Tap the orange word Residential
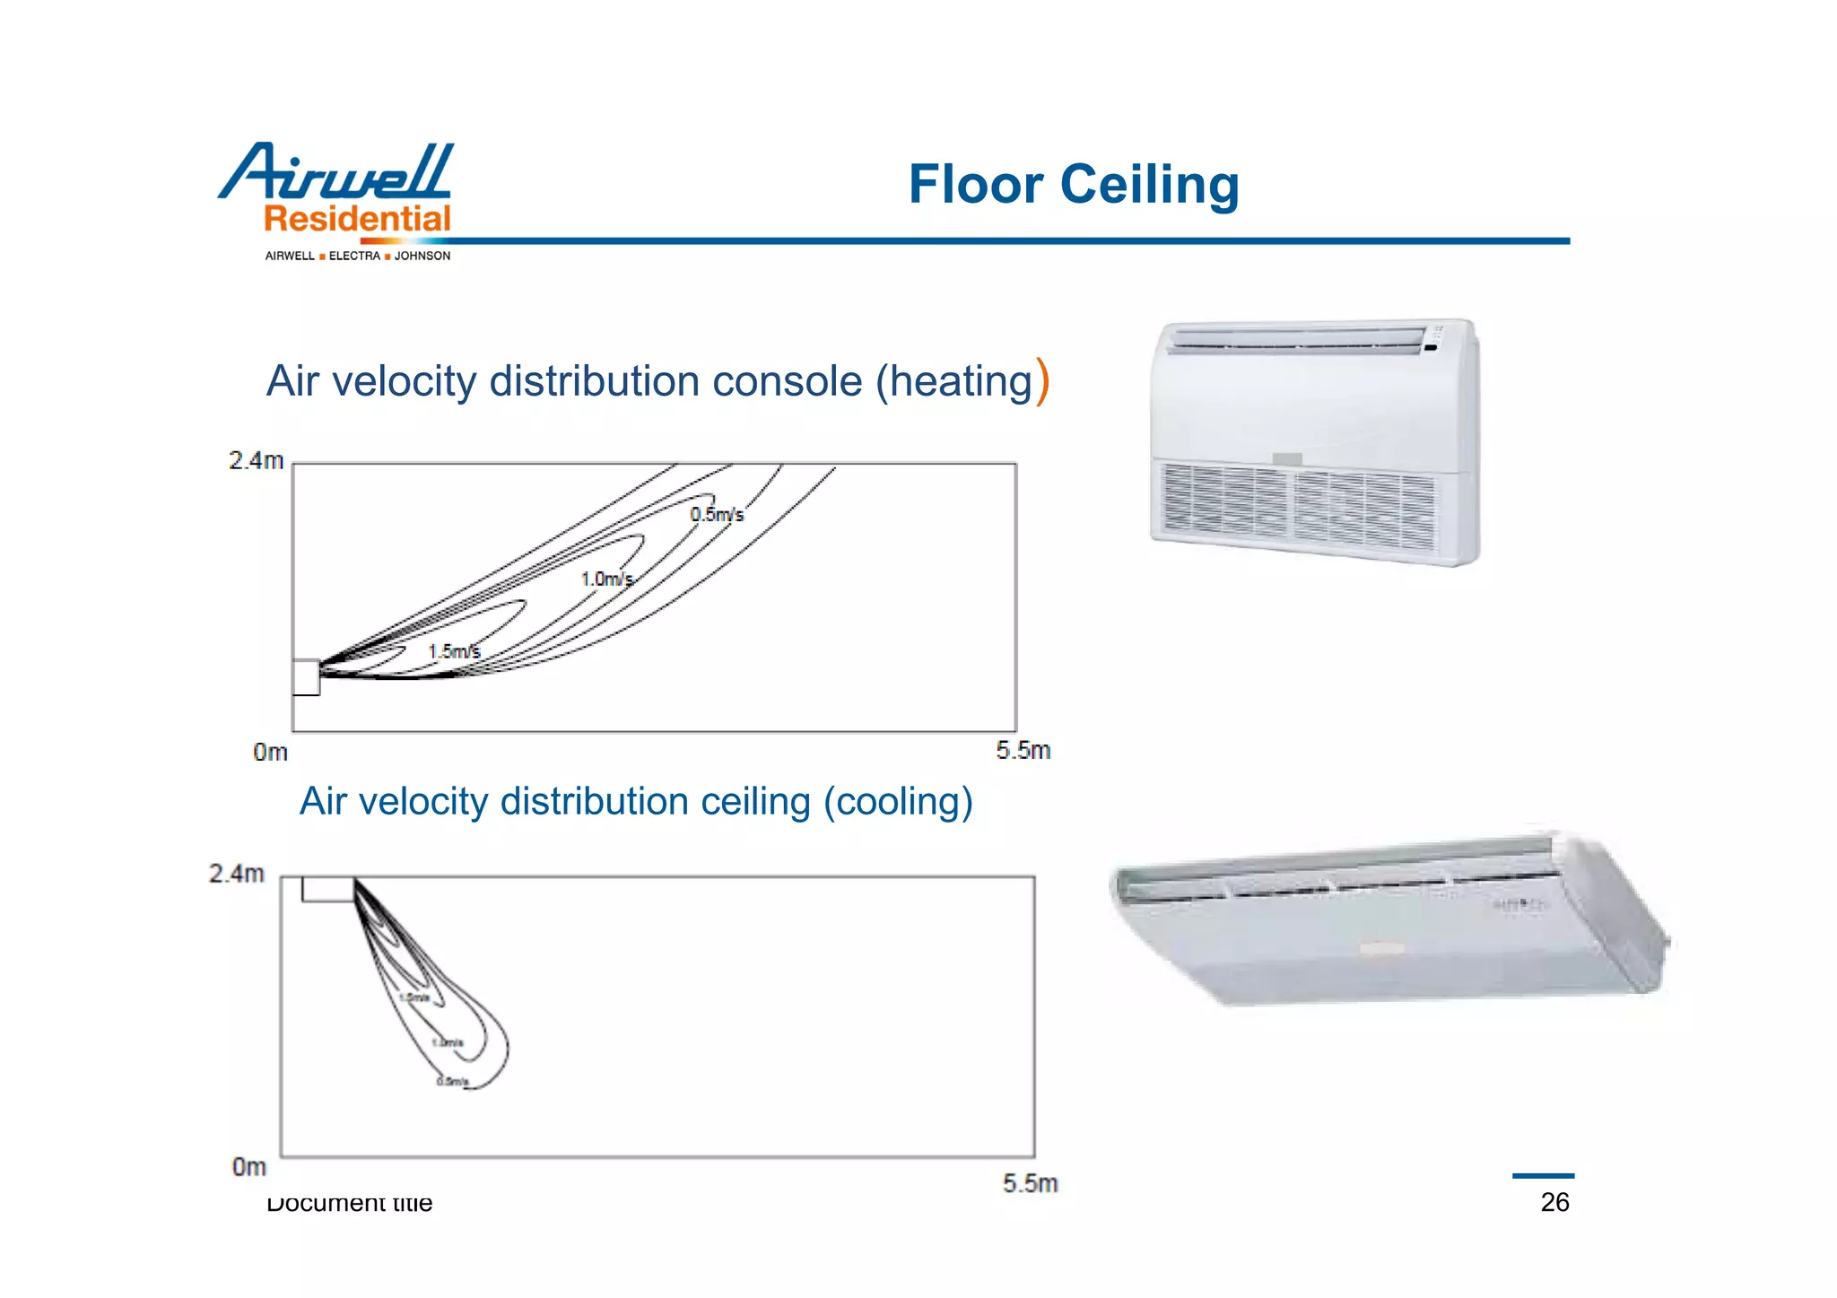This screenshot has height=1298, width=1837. pyautogui.click(x=357, y=219)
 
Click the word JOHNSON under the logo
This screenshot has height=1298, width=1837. pyautogui.click(x=422, y=256)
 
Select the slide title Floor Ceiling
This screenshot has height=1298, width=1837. pyautogui.click(x=1073, y=184)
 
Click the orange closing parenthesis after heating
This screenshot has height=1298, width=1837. pyautogui.click(x=1042, y=381)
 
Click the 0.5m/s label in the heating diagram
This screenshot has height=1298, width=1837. pyautogui.click(x=717, y=515)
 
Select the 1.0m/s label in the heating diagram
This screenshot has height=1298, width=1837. pyautogui.click(x=607, y=579)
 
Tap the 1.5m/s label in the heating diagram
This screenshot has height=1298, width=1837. pyautogui.click(x=454, y=651)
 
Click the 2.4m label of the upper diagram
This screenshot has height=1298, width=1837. pyautogui.click(x=256, y=461)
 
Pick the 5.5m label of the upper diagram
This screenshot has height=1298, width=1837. pyautogui.click(x=1023, y=751)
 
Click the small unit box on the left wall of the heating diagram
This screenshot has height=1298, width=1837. pyautogui.click(x=306, y=677)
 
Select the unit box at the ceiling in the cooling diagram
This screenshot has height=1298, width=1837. pyautogui.click(x=327, y=889)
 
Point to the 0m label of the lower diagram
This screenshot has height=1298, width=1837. pyautogui.click(x=249, y=1167)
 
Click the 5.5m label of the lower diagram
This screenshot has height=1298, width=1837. pyautogui.click(x=1030, y=1184)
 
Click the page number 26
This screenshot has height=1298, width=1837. pyautogui.click(x=1554, y=1202)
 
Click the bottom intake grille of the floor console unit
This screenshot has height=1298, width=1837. pyautogui.click(x=1296, y=507)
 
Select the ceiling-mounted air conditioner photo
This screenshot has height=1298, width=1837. pyautogui.click(x=1390, y=919)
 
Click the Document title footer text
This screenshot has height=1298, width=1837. pyautogui.click(x=350, y=1203)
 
